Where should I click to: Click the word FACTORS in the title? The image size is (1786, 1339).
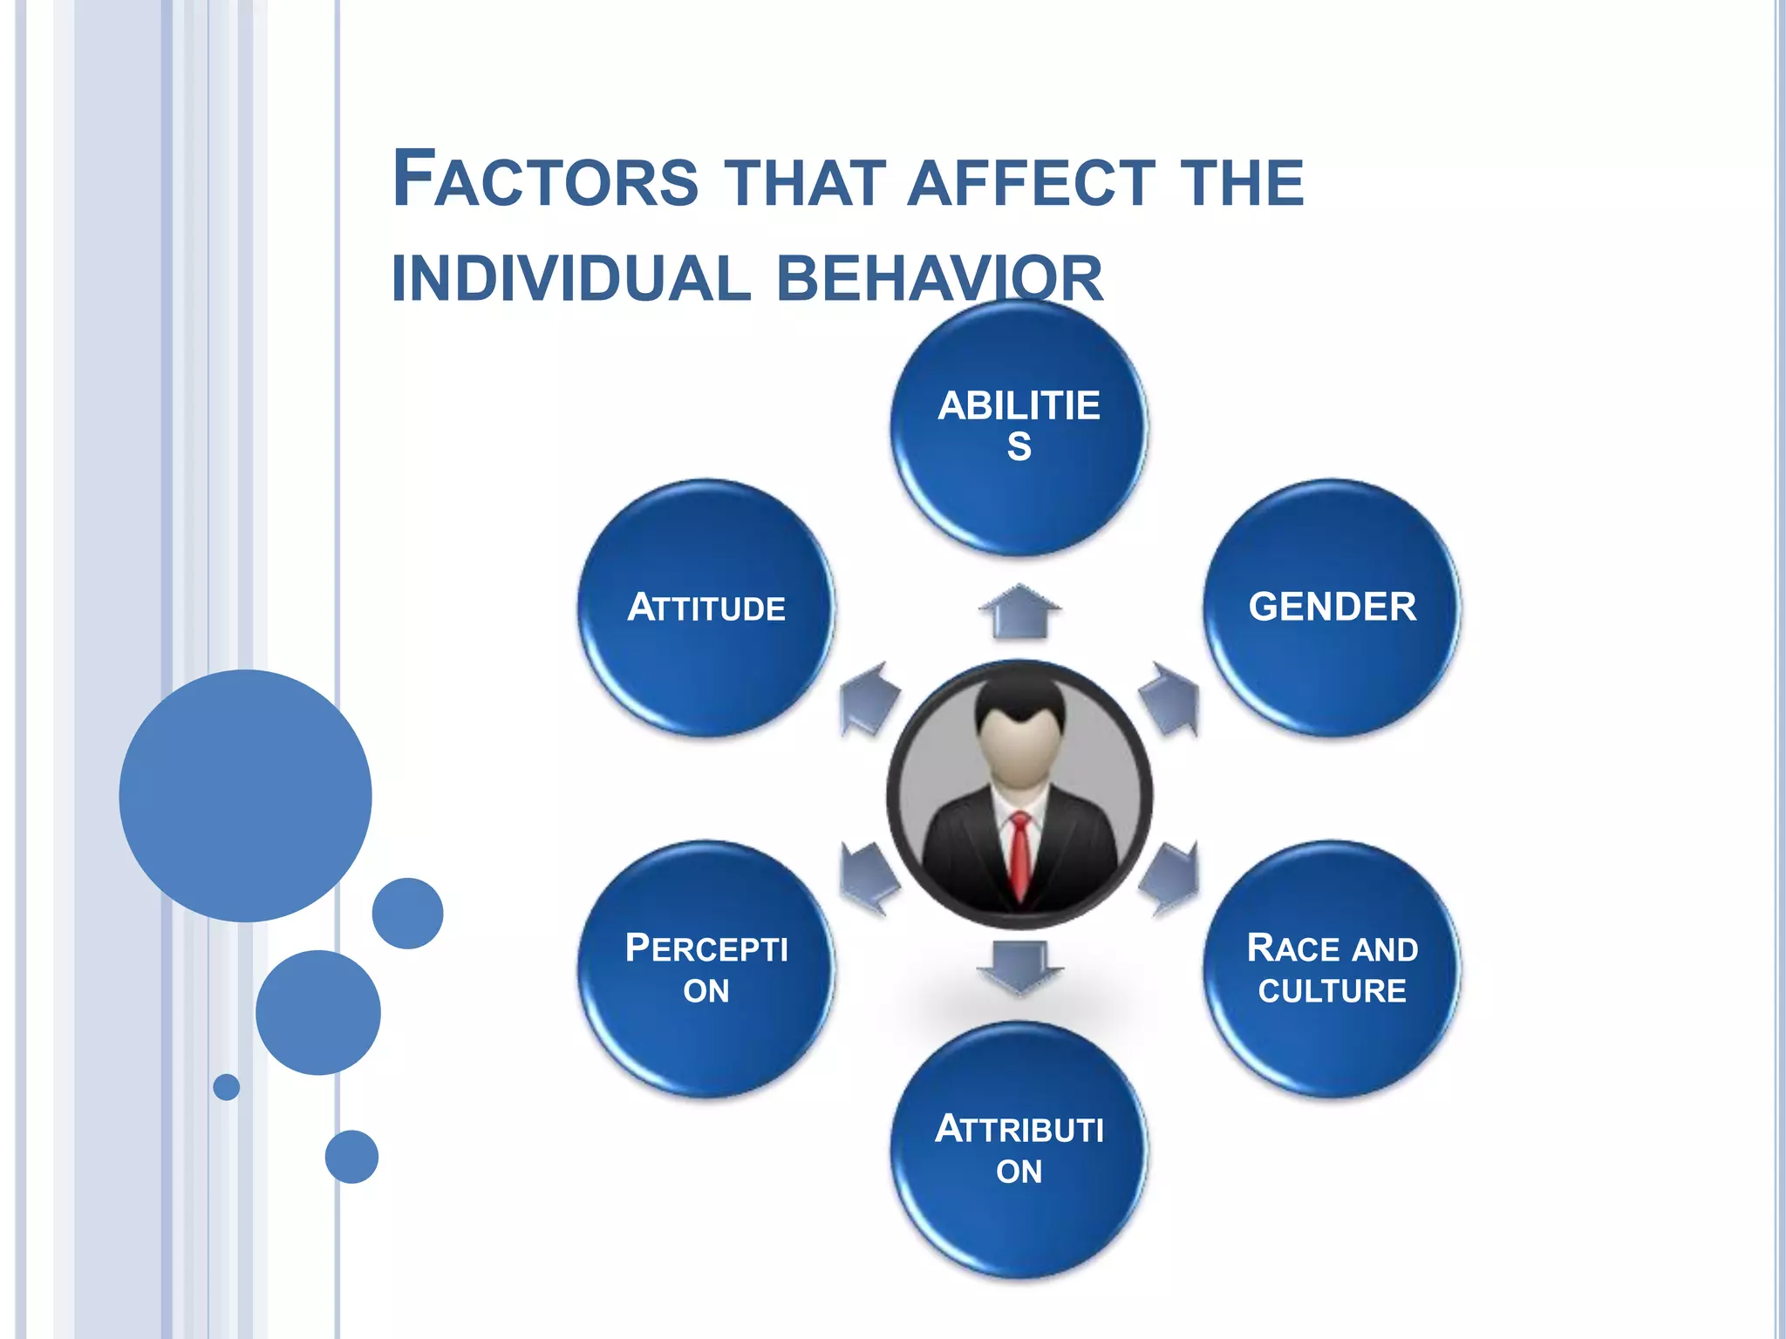[x=545, y=180]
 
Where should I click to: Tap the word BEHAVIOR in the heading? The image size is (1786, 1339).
[x=939, y=279]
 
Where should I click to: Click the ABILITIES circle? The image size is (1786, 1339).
[x=1019, y=427]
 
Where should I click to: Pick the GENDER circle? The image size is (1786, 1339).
[x=1332, y=608]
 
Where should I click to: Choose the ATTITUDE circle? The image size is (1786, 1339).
[x=706, y=608]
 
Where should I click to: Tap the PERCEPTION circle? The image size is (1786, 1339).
[x=706, y=969]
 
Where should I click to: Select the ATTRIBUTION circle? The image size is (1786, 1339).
[x=1019, y=1149]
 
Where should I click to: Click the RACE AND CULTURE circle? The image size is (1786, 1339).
[x=1332, y=969]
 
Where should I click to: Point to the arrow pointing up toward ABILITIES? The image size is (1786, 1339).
[x=1019, y=611]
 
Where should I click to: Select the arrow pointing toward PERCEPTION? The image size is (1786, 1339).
[x=868, y=879]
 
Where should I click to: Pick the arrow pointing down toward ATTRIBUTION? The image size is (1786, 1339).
[x=1019, y=966]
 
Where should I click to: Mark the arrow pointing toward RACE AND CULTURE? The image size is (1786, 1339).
[x=1170, y=878]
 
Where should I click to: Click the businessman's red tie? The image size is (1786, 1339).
[x=1019, y=854]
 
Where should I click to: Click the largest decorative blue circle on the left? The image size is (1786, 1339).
[x=245, y=795]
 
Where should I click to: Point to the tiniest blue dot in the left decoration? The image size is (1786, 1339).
[x=227, y=1086]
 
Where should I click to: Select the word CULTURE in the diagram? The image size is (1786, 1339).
[x=1332, y=991]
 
